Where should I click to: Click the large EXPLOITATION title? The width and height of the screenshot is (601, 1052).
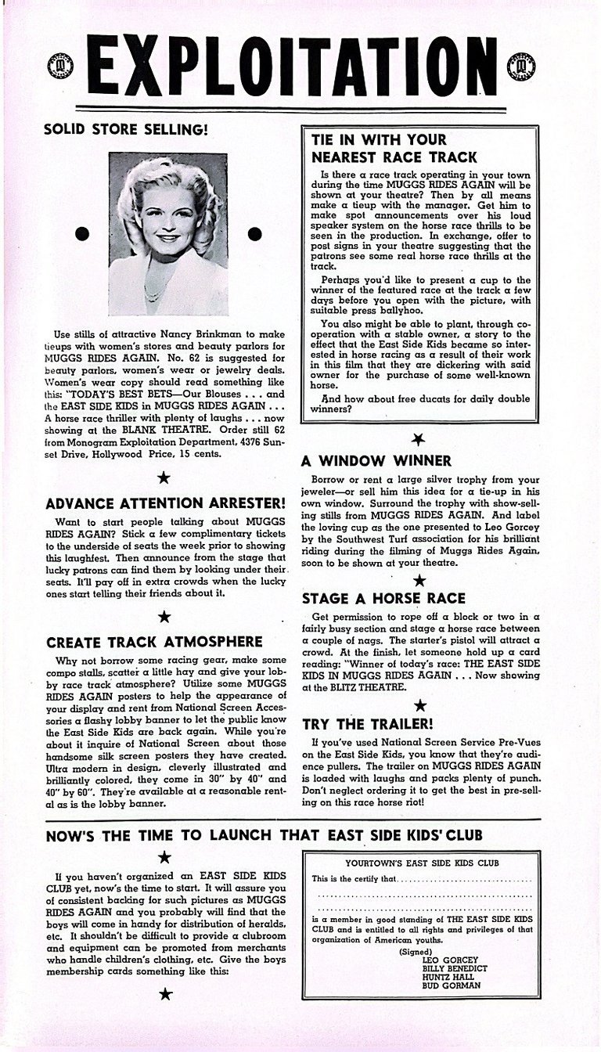pyautogui.click(x=300, y=67)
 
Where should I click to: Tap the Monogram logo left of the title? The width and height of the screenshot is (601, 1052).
pyautogui.click(x=59, y=66)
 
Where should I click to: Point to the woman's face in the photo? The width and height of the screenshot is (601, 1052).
pyautogui.click(x=167, y=215)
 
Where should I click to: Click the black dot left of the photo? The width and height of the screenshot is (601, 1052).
pyautogui.click(x=81, y=233)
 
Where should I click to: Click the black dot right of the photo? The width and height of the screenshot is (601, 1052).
pyautogui.click(x=254, y=233)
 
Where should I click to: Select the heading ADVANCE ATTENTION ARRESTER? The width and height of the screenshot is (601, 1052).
pyautogui.click(x=165, y=503)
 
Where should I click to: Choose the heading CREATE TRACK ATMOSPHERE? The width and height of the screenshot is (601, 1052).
pyautogui.click(x=154, y=642)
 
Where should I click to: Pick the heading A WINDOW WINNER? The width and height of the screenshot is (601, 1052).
pyautogui.click(x=376, y=461)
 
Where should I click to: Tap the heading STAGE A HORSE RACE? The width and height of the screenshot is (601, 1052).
pyautogui.click(x=383, y=599)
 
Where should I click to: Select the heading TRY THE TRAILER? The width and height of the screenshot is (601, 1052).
pyautogui.click(x=367, y=723)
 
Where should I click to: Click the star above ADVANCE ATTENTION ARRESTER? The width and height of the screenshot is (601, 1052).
pyautogui.click(x=164, y=477)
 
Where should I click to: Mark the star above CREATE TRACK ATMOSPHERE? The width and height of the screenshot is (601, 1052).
pyautogui.click(x=164, y=617)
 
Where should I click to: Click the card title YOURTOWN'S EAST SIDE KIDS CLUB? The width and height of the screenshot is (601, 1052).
pyautogui.click(x=422, y=863)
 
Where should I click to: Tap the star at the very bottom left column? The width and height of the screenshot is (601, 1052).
pyautogui.click(x=165, y=995)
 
